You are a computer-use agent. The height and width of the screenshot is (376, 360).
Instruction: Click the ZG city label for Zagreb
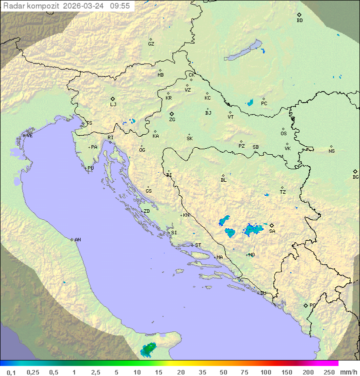tap(172, 120)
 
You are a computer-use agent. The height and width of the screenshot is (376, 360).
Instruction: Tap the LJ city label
tap(113, 105)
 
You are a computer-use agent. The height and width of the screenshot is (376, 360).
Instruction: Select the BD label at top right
tap(299, 21)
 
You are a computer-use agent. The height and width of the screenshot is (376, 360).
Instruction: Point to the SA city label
tap(272, 231)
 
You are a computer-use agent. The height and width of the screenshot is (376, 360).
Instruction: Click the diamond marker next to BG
tap(355, 171)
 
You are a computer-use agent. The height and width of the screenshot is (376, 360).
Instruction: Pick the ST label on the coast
tap(198, 245)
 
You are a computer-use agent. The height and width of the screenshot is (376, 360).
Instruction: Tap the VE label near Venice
tap(29, 136)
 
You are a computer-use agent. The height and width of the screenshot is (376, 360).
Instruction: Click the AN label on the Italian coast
tap(77, 240)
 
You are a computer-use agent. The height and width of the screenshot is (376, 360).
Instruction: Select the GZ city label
tap(151, 44)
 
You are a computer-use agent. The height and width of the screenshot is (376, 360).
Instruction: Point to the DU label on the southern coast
tap(263, 293)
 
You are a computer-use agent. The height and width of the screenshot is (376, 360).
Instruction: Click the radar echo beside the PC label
tap(249, 103)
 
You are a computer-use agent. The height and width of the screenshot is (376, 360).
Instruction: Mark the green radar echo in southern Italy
tap(148, 349)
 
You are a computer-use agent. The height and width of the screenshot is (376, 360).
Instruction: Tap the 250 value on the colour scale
tap(329, 372)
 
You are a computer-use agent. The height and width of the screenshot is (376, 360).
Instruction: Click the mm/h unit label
tap(348, 372)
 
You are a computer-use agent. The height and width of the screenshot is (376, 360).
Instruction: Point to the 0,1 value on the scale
tap(11, 372)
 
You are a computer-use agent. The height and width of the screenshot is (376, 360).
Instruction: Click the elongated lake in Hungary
tap(244, 51)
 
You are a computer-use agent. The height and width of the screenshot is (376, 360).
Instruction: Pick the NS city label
tap(331, 151)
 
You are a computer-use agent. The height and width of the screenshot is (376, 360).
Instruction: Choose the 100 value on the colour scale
tap(265, 372)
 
